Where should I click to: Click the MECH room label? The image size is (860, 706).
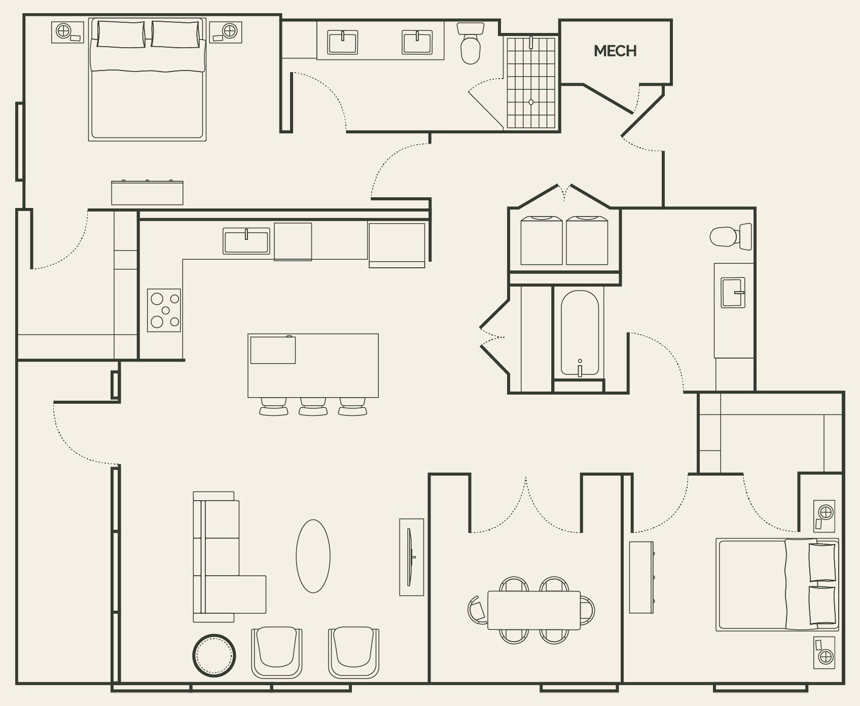click(x=615, y=51)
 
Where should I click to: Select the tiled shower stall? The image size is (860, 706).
click(x=531, y=82)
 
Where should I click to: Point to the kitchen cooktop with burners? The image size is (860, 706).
click(x=164, y=310)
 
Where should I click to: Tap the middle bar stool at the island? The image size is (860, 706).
click(x=313, y=407)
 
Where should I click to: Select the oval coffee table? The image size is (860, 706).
click(x=313, y=556)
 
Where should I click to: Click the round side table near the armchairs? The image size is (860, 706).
click(x=214, y=655)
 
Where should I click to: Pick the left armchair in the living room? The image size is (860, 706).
click(x=276, y=652)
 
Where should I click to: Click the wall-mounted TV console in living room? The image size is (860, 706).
click(x=411, y=557)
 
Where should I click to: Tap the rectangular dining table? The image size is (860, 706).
click(x=533, y=610)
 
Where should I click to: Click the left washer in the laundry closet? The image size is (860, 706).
click(x=541, y=240)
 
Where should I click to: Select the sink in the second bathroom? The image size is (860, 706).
click(x=733, y=293)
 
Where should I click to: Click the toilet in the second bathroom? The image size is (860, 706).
click(x=730, y=236)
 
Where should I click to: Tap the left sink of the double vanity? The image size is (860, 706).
click(x=343, y=42)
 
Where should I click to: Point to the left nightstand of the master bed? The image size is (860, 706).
click(x=68, y=32)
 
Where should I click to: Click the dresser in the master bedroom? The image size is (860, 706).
click(x=147, y=193)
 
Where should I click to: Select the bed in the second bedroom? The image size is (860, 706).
click(x=776, y=585)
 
